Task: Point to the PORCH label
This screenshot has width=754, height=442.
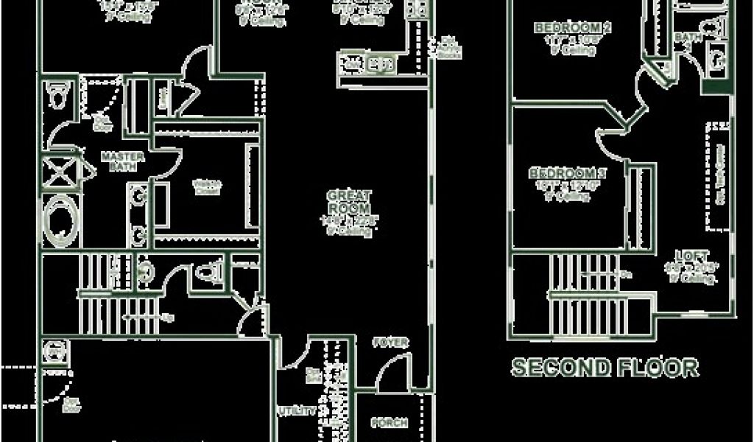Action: [390, 423]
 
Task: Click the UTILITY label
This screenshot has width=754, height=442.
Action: [297, 410]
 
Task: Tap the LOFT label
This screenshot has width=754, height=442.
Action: [696, 256]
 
